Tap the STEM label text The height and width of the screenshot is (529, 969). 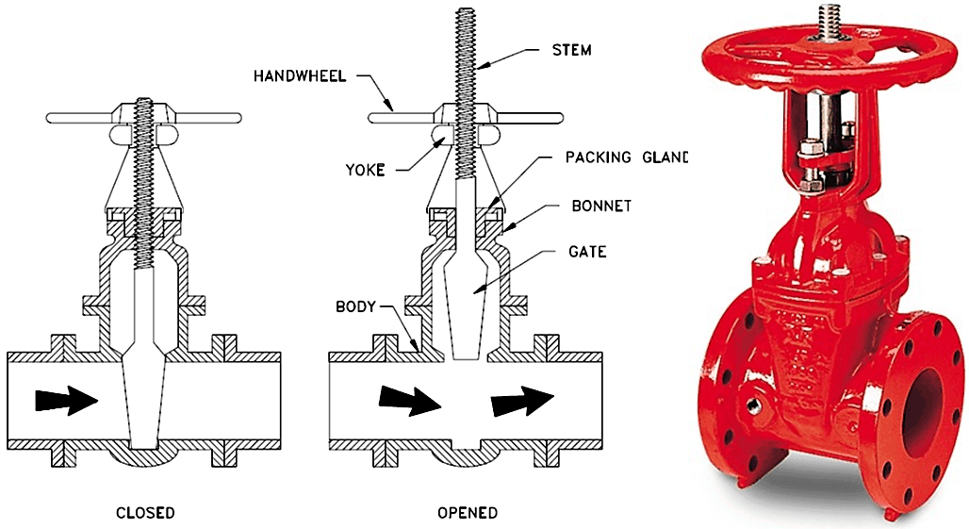(x=573, y=46)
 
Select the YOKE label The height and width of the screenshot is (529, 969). (x=366, y=171)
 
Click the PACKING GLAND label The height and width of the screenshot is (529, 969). (x=627, y=157)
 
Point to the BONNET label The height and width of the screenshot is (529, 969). (x=599, y=205)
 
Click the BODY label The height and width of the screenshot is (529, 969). (x=356, y=306)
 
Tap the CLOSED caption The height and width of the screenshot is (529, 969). (x=144, y=513)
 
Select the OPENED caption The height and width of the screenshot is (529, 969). (x=468, y=513)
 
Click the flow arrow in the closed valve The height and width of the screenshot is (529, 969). (x=66, y=400)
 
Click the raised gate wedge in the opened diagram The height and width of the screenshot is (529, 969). (x=466, y=292)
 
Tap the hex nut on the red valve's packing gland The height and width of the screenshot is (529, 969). (x=809, y=151)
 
